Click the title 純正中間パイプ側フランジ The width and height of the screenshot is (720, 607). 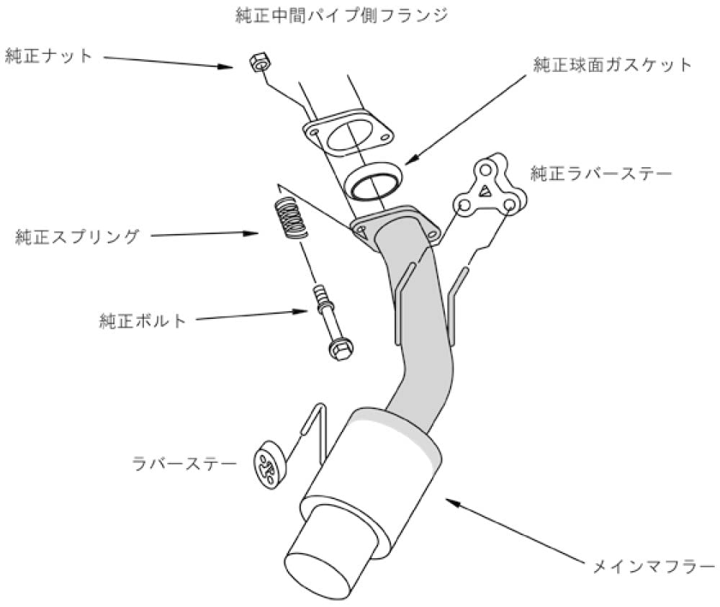(346, 14)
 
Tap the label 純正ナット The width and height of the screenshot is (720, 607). (49, 56)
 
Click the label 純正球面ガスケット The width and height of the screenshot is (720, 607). (612, 65)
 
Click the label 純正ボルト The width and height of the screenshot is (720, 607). (143, 320)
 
